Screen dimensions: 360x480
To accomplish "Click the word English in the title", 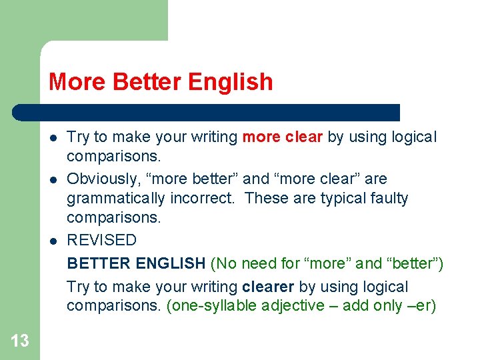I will (x=231, y=82).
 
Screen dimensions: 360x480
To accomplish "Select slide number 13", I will (x=20, y=341).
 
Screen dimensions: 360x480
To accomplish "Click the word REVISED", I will (x=101, y=240).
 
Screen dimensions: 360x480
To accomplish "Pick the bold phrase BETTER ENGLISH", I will (x=136, y=264).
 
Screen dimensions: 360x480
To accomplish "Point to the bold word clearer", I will (x=269, y=287).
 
